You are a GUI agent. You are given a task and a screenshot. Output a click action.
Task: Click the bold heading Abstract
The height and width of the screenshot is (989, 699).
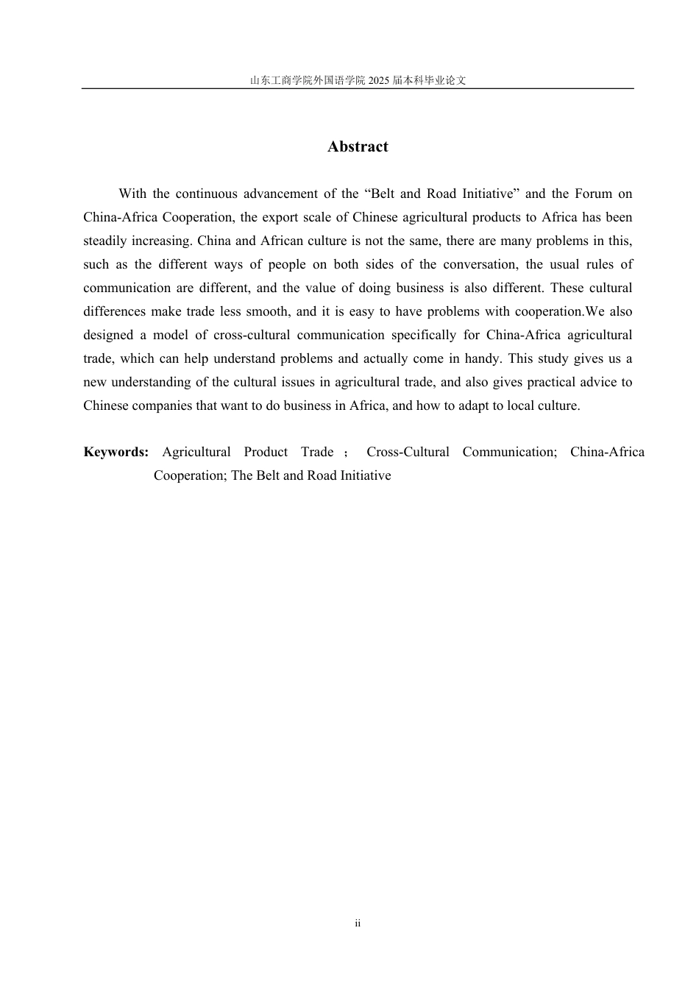pos(358,146)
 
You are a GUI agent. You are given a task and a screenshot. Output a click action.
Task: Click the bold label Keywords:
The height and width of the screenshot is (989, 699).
pos(116,452)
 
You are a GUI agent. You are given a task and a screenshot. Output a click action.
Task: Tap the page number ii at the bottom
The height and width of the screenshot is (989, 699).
pos(358,924)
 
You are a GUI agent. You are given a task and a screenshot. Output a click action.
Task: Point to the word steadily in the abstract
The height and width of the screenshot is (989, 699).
pos(105,241)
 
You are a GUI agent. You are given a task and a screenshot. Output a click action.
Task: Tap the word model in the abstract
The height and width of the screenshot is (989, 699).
pos(171,335)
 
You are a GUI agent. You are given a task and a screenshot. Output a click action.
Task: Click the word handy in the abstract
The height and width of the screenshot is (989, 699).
pos(481,358)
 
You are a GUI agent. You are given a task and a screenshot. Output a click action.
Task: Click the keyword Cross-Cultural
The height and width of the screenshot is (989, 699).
pos(408,452)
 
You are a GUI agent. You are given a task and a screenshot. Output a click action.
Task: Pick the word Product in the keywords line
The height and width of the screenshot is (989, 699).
pos(266,452)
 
